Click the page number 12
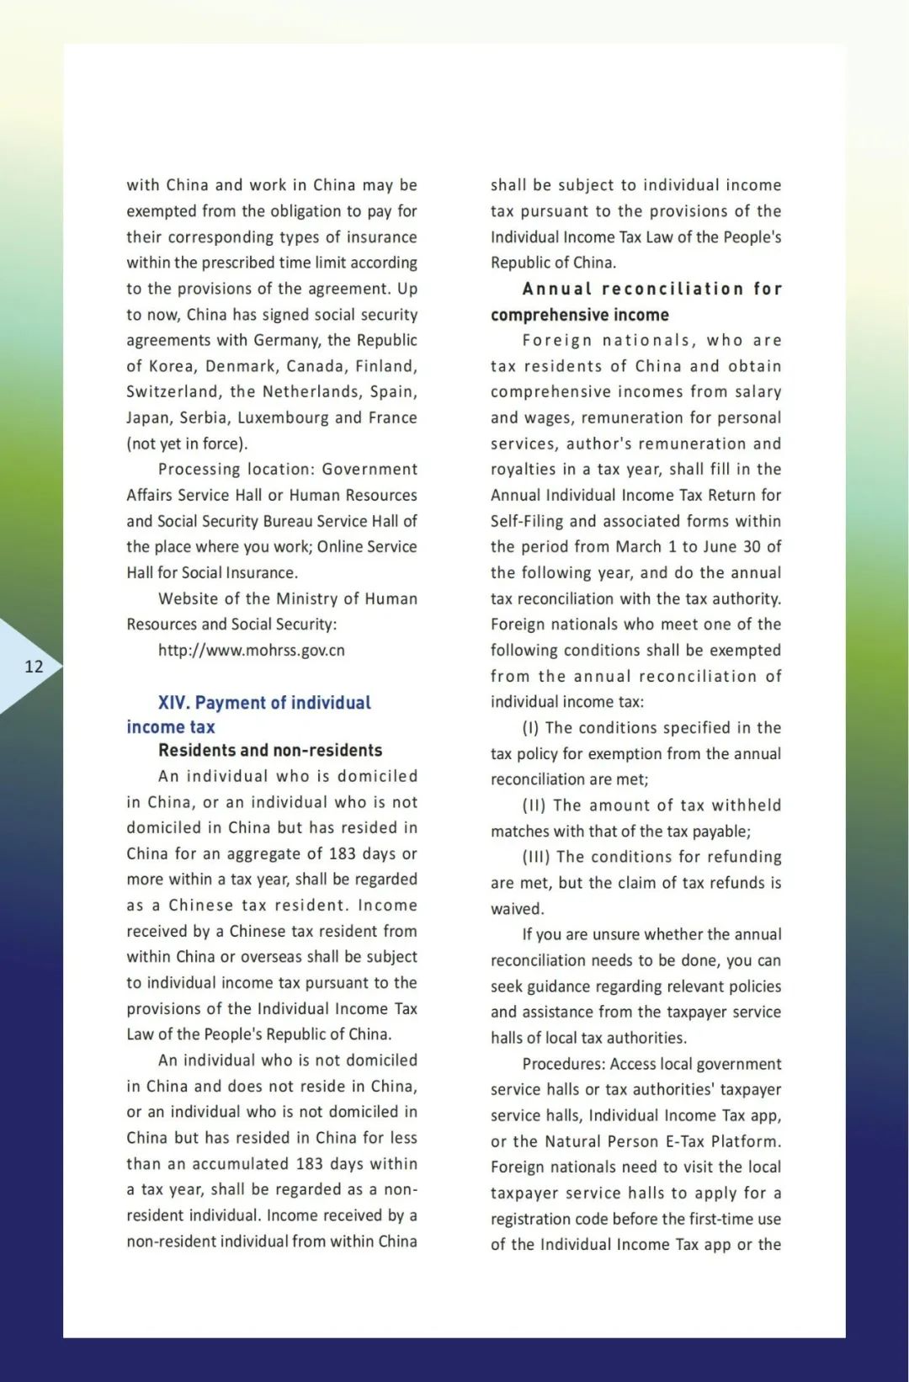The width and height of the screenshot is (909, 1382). tap(34, 667)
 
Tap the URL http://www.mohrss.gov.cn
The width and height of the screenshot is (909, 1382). tap(251, 651)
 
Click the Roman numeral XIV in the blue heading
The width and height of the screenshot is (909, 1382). tap(173, 703)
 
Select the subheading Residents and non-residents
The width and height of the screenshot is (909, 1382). tap(270, 750)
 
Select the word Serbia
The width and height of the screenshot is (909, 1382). tap(203, 417)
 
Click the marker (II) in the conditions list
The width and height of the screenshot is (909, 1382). tap(534, 805)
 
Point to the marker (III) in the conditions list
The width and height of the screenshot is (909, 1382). tap(536, 857)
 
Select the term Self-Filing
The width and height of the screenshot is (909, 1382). tap(527, 521)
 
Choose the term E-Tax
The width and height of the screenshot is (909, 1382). tap(676, 1142)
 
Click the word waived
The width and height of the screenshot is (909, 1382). tap(517, 909)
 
